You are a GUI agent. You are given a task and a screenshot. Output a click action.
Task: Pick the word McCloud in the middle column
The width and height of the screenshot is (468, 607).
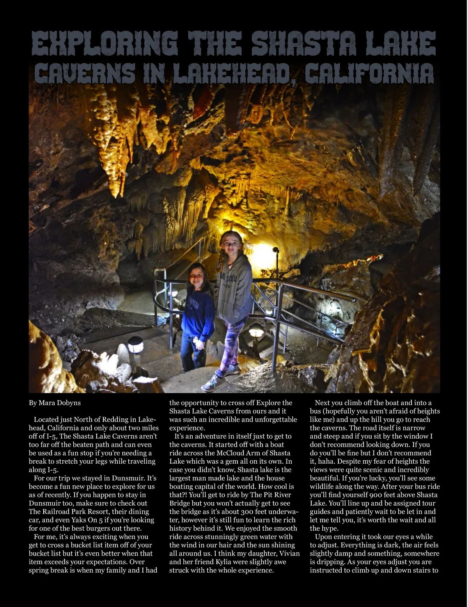pyautogui.click(x=231, y=453)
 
